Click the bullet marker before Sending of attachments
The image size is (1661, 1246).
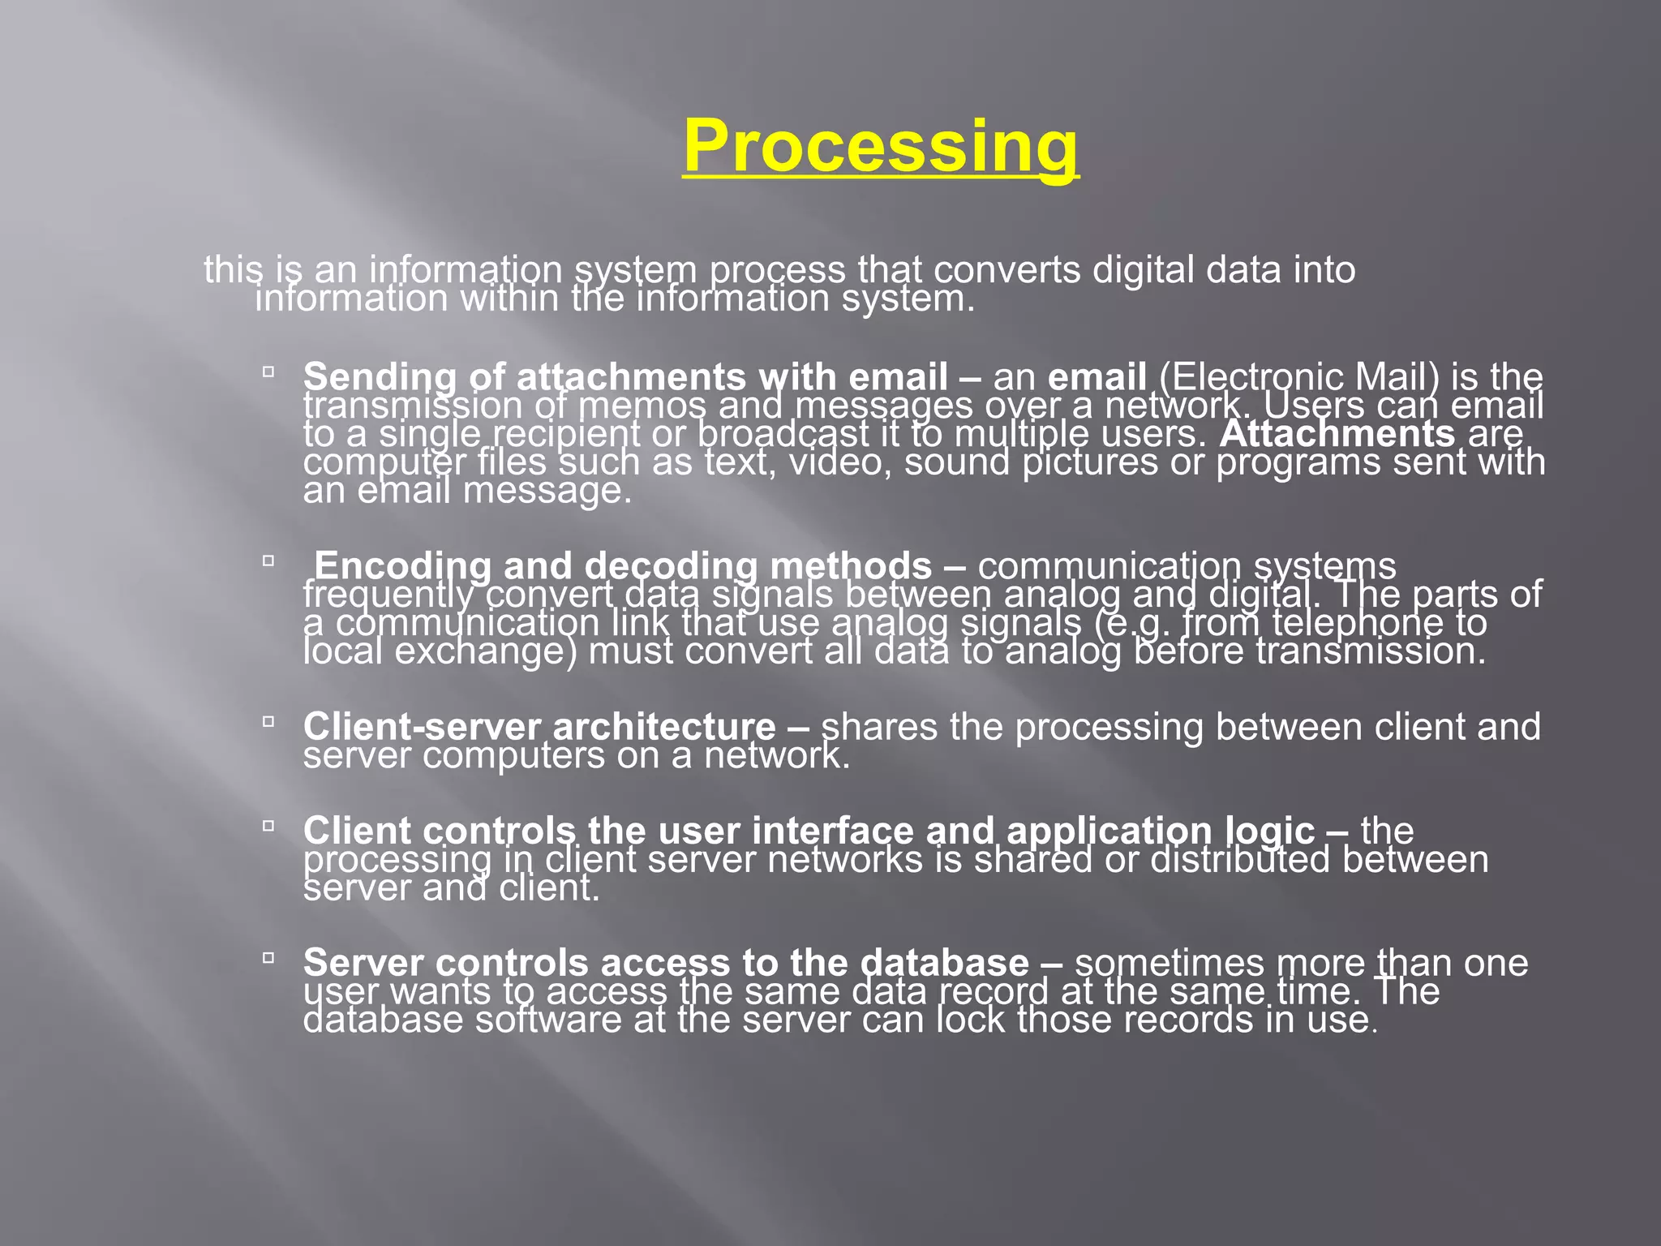click(268, 372)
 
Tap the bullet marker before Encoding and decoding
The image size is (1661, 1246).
click(268, 561)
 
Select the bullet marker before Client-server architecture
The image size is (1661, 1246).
click(268, 721)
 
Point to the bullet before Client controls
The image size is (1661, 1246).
click(268, 826)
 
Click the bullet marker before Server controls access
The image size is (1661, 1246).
click(268, 958)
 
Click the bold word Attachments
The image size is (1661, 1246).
click(1337, 434)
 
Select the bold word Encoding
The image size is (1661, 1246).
click(401, 565)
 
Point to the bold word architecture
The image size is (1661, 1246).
click(664, 727)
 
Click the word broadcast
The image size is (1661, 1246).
click(783, 434)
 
